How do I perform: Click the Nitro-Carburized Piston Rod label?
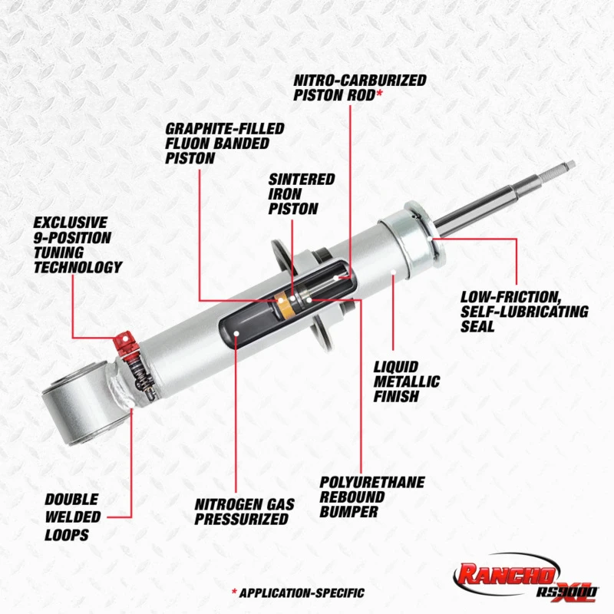click(359, 87)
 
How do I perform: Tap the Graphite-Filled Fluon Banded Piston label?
click(224, 143)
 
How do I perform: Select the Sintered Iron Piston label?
click(301, 193)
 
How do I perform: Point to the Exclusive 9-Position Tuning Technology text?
click(78, 245)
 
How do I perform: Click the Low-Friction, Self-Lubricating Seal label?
click(524, 311)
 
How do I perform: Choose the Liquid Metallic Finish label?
click(407, 381)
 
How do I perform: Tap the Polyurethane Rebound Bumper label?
click(371, 496)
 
